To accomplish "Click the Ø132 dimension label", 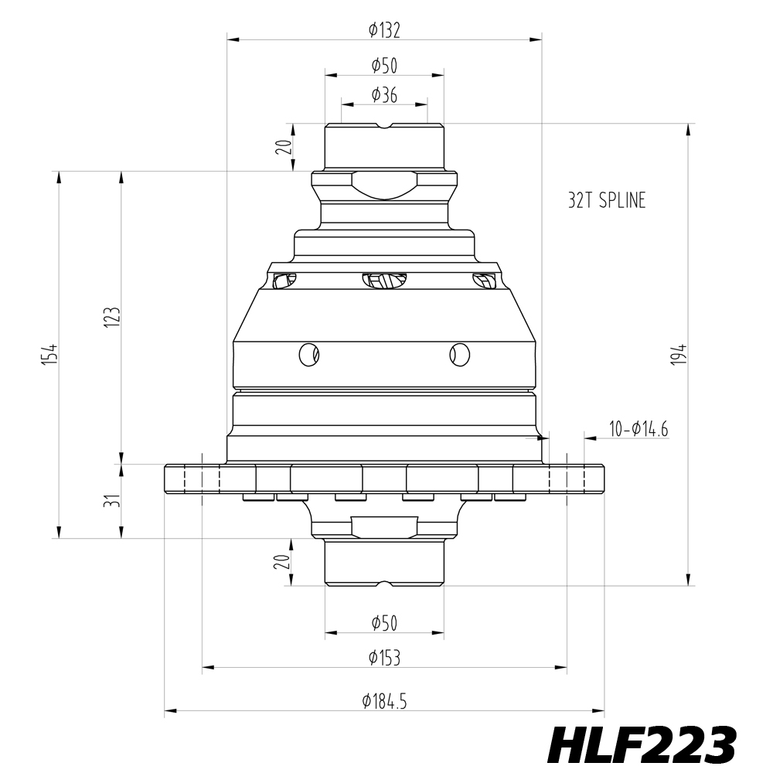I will click(x=384, y=30).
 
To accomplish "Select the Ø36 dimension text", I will click(x=384, y=95).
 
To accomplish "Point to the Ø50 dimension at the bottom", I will click(x=384, y=622).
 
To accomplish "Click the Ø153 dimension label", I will click(x=384, y=658).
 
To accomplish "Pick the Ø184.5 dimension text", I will click(x=384, y=702).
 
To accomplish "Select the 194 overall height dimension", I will click(x=678, y=354).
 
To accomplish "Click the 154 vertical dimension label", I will click(x=49, y=354).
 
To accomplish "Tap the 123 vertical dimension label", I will click(x=111, y=317).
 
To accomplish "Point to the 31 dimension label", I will click(x=111, y=501).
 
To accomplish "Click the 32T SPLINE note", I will click(x=606, y=201).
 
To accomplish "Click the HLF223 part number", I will click(x=641, y=745).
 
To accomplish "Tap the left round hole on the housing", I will click(x=309, y=354).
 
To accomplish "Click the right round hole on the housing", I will click(x=459, y=354).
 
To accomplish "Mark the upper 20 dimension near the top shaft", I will click(x=284, y=147).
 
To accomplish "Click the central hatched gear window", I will click(x=384, y=281).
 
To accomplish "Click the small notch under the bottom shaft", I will click(x=384, y=583).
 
